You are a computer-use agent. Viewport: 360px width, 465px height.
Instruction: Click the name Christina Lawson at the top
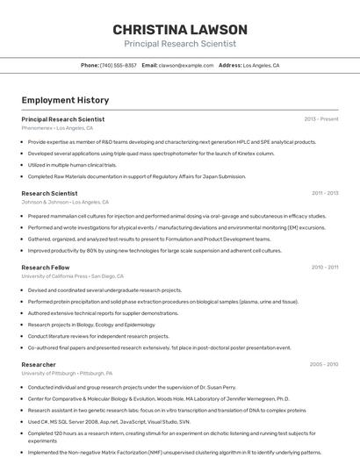(180, 30)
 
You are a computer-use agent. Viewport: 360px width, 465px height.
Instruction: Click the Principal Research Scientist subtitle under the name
(180, 44)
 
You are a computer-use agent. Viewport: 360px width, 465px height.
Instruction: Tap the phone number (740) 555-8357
(119, 65)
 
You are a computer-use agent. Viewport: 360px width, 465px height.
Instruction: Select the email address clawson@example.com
(186, 65)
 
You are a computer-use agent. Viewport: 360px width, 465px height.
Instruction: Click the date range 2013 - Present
(320, 118)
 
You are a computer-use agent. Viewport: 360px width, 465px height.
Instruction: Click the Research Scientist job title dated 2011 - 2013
(49, 193)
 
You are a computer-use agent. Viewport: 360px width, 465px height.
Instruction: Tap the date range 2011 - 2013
(324, 193)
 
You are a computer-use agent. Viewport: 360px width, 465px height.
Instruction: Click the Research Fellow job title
(46, 267)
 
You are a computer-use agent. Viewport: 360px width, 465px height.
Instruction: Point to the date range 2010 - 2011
(324, 267)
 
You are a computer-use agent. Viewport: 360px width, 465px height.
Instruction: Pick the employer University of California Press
(54, 275)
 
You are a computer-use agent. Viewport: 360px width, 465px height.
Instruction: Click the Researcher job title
(39, 364)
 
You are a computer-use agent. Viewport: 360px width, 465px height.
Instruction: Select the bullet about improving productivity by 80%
(155, 250)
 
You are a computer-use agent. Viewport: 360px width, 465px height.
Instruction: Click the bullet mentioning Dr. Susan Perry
(132, 387)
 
